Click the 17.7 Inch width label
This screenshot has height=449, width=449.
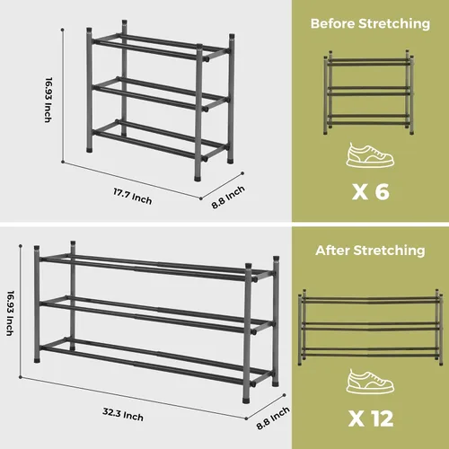tap(132, 196)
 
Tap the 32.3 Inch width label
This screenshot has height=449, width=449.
tap(123, 414)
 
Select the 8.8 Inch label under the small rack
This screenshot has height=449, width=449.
tap(228, 197)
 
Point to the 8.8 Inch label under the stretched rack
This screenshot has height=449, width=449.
tap(273, 418)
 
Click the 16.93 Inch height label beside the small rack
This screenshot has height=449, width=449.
tap(48, 100)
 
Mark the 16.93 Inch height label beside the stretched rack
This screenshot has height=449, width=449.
tap(10, 313)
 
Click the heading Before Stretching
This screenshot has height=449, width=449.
tap(370, 23)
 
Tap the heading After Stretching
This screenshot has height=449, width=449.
tap(370, 251)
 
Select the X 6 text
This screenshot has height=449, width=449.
tap(371, 191)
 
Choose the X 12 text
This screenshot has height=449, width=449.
tap(371, 418)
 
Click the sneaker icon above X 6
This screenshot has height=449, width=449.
tap(370, 154)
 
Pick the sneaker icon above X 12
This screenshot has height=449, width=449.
tap(370, 382)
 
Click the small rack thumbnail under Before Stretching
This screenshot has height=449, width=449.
tap(369, 92)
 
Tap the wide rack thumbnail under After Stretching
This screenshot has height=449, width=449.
tap(371, 328)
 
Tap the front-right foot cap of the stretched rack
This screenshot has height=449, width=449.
tap(247, 400)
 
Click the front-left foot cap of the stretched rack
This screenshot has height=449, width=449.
tap(37, 360)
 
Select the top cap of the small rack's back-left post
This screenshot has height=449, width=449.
tap(125, 22)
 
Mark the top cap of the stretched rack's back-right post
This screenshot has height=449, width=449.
tap(276, 259)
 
